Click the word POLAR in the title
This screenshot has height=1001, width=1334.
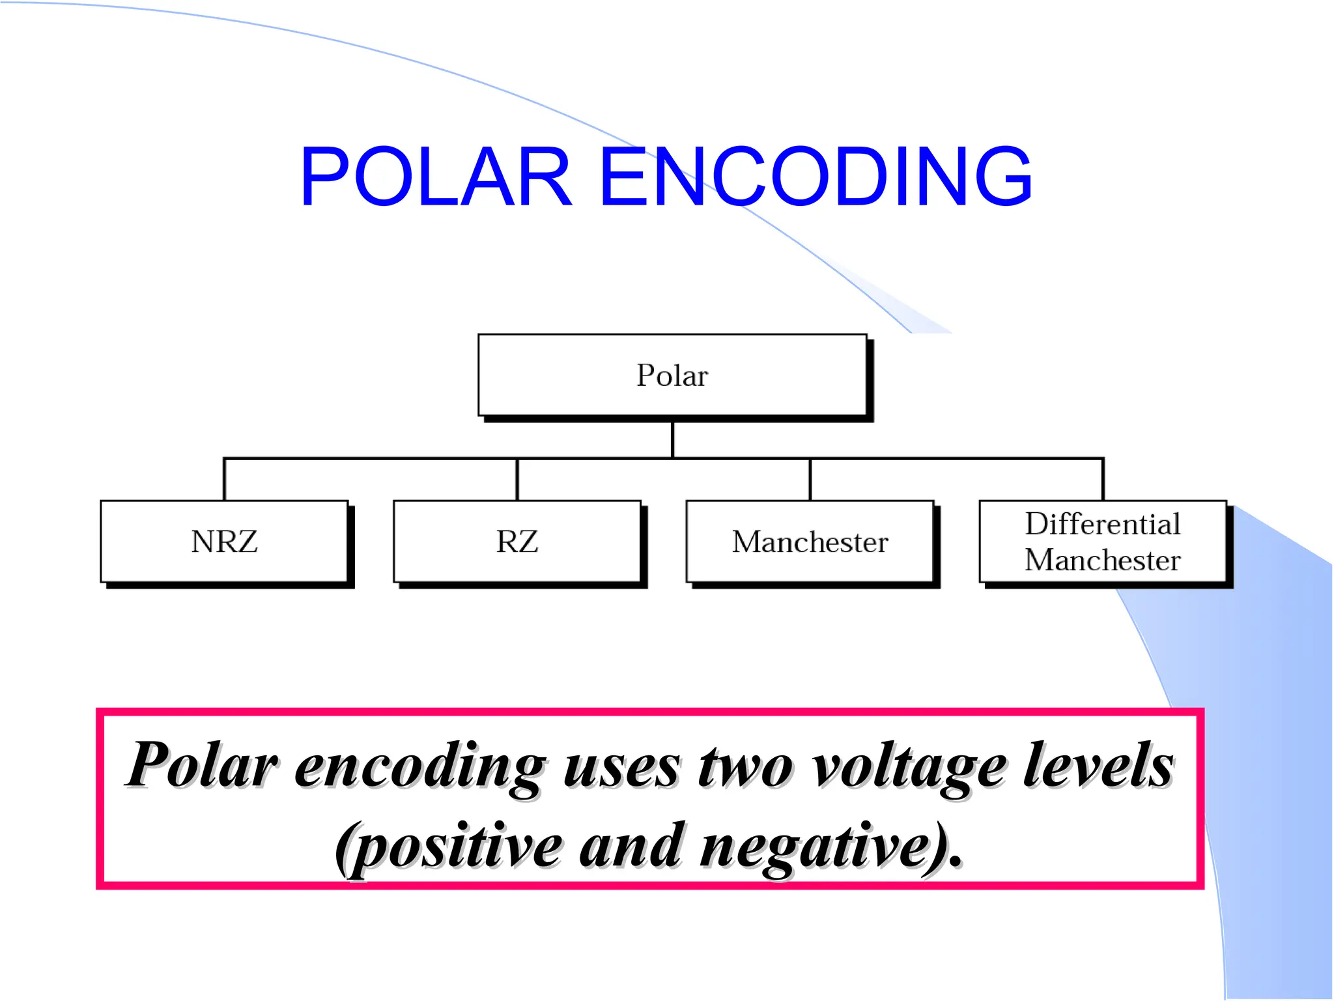[435, 177]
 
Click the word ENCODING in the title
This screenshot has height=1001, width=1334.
[816, 177]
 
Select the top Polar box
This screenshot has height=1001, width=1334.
[672, 375]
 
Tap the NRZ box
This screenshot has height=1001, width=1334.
[224, 542]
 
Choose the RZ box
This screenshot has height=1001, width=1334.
[517, 542]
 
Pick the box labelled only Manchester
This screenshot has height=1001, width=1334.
[810, 542]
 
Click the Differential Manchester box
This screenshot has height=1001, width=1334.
[1103, 542]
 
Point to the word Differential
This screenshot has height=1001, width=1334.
[1103, 524]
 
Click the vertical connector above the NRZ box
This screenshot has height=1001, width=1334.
[224, 480]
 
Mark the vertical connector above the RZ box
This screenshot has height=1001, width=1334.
[517, 480]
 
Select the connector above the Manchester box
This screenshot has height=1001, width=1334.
[810, 480]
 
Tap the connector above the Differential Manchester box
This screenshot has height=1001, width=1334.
[1103, 480]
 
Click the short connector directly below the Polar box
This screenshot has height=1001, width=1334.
[672, 439]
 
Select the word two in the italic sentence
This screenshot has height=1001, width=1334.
[746, 766]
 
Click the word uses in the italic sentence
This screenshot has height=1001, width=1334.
[621, 768]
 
